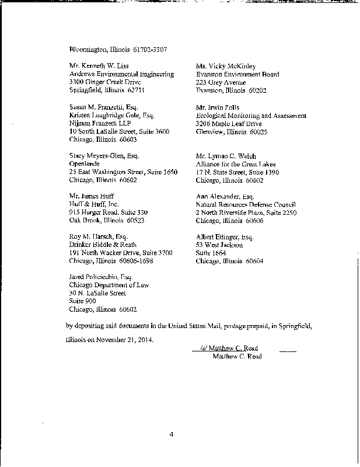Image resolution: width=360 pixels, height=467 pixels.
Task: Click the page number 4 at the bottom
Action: pyautogui.click(x=172, y=434)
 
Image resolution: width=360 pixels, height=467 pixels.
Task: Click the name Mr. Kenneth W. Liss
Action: pyautogui.click(x=99, y=66)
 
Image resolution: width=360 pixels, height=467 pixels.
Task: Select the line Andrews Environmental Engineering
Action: pyautogui.click(x=121, y=74)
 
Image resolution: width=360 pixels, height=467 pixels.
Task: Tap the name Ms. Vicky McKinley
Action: pyautogui.click(x=226, y=66)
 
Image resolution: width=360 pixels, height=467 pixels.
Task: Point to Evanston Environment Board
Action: pyautogui.click(x=237, y=74)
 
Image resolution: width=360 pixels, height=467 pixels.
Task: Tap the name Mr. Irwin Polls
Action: pyautogui.click(x=216, y=108)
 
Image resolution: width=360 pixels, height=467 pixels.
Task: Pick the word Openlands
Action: pyautogui.click(x=84, y=165)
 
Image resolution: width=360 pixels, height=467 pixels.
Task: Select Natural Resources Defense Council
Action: pyautogui.click(x=246, y=205)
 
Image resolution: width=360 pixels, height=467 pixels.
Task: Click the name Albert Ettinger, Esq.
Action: pyautogui.click(x=225, y=236)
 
